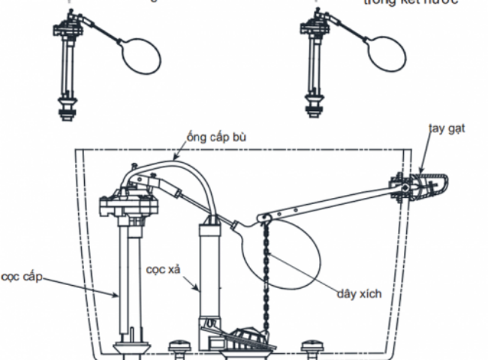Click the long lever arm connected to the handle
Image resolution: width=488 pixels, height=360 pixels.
pos(330,200)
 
